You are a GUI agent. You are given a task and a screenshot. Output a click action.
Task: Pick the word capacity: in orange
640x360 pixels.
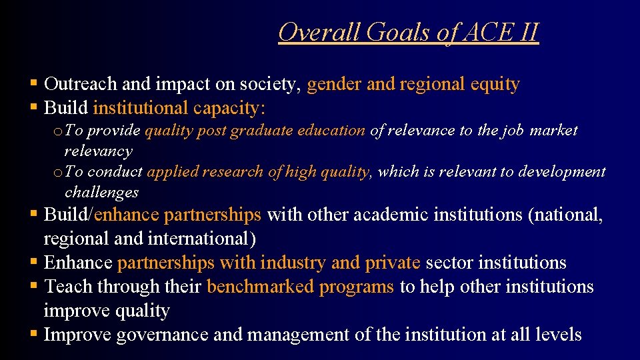[x=229, y=107]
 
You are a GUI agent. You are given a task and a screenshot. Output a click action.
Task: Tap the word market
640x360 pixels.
[x=553, y=131]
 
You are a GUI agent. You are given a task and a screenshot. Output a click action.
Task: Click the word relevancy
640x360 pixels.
[x=99, y=151]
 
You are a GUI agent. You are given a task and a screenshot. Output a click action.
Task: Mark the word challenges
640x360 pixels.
[x=101, y=193]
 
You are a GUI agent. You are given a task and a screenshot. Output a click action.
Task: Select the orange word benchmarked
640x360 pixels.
[x=260, y=287]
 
